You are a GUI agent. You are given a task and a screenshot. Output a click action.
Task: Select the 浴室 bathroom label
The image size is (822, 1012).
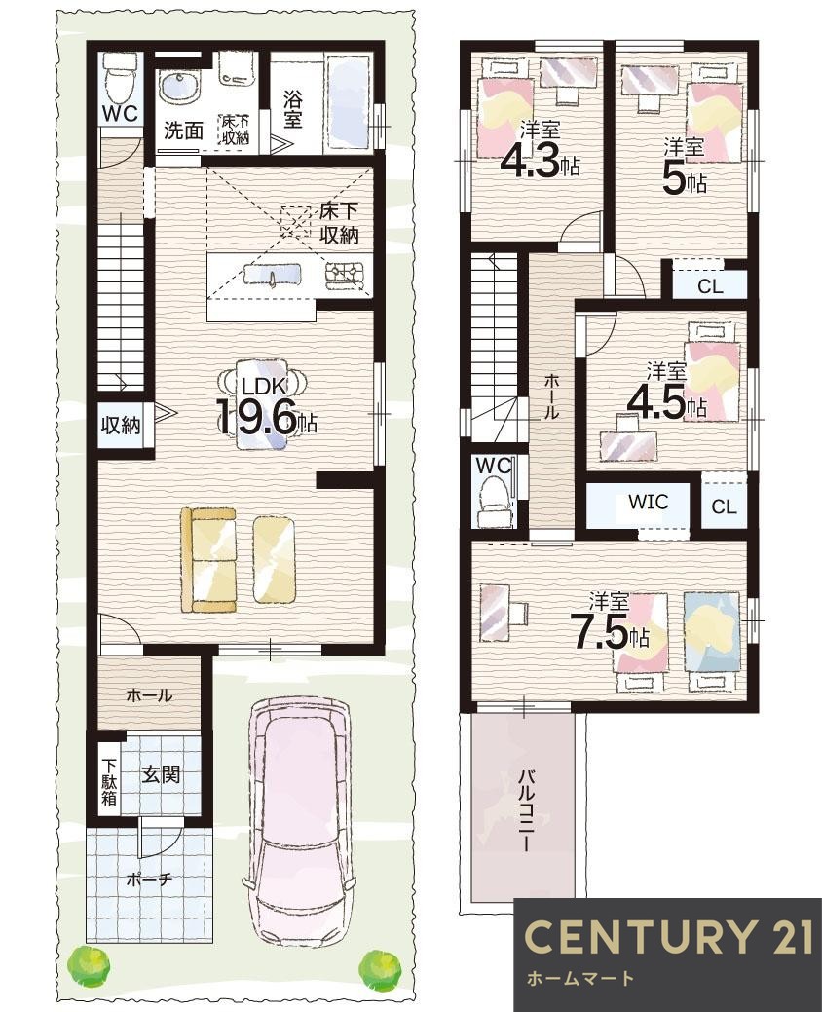[x=292, y=110]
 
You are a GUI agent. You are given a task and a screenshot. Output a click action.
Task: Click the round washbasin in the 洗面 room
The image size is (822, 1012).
[x=178, y=88]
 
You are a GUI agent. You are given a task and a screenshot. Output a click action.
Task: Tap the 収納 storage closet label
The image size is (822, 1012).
[x=121, y=426]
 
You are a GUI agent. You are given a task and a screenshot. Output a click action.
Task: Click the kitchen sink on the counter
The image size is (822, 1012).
[x=273, y=275]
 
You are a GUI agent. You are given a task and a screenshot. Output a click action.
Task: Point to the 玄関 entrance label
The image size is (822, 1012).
[x=161, y=773]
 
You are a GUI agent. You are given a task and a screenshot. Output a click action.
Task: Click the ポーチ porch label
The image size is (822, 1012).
[x=148, y=879]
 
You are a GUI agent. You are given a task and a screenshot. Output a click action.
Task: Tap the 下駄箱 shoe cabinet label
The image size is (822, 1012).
[x=109, y=781]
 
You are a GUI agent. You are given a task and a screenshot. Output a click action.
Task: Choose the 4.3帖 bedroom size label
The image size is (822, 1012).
[x=540, y=163]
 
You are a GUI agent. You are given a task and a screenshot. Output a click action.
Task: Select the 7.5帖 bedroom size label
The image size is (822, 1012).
[x=609, y=635]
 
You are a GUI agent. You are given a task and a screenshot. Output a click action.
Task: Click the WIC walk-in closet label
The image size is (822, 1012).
[x=649, y=502]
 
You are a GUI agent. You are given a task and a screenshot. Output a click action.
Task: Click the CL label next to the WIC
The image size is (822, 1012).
[x=724, y=507]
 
